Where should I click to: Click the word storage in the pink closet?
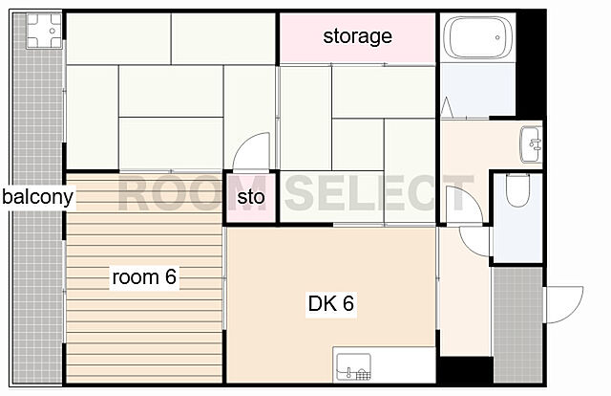[357, 36]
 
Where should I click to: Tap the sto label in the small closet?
[251, 197]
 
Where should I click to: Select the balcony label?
[37, 197]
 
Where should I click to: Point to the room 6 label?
[144, 276]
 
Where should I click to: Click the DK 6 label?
[331, 303]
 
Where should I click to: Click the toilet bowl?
[517, 190]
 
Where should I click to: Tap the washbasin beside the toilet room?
[531, 144]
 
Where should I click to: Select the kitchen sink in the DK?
[353, 366]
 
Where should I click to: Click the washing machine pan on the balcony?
[44, 31]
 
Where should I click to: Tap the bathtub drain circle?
[497, 38]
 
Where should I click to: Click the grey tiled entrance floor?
[517, 325]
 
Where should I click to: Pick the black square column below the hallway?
[467, 370]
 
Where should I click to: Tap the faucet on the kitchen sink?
[349, 373]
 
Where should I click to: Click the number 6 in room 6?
[171, 276]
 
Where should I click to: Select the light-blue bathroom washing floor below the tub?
[477, 90]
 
